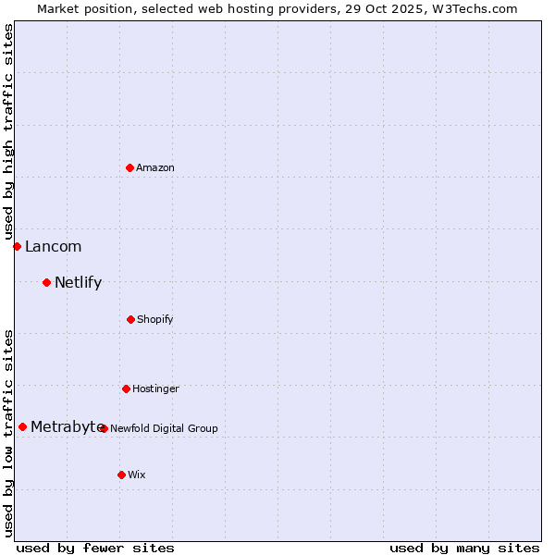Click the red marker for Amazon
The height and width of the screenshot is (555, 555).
click(x=129, y=167)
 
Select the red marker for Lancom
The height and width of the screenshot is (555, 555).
click(x=17, y=246)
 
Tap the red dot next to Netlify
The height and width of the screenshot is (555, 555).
click(x=46, y=282)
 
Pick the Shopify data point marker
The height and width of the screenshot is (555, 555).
click(x=130, y=319)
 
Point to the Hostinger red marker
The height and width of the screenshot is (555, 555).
click(x=126, y=388)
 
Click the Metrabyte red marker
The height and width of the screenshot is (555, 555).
click(x=22, y=426)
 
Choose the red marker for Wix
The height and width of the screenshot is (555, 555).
click(x=121, y=475)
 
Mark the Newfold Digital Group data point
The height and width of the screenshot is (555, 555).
click(x=104, y=428)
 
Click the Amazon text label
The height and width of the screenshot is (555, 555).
click(x=155, y=167)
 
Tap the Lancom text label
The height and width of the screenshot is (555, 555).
click(x=53, y=246)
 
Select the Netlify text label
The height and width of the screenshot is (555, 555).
click(x=78, y=282)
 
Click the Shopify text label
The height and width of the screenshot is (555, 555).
click(x=155, y=319)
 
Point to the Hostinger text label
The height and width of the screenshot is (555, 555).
click(x=155, y=388)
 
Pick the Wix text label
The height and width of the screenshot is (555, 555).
click(x=137, y=475)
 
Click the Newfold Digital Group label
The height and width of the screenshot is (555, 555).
click(x=165, y=428)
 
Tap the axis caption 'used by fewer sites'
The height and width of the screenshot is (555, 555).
click(x=95, y=548)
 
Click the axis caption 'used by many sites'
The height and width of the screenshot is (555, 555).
click(x=464, y=548)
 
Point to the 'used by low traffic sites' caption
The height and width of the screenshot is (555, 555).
click(x=8, y=432)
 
